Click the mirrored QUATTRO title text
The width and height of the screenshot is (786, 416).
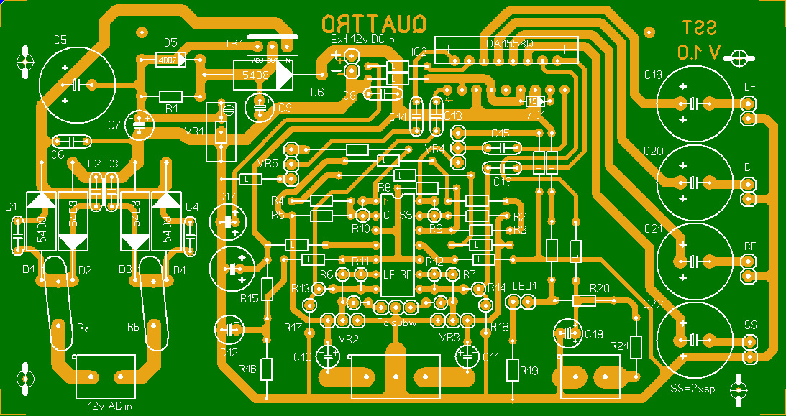(x=374, y=24)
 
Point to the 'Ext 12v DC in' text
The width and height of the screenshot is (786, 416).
(x=362, y=40)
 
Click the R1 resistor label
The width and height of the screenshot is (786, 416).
(x=171, y=108)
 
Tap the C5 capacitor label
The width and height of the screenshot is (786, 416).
(x=60, y=40)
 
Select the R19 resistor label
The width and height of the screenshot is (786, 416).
(x=529, y=371)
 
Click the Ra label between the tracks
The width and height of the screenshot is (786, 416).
(x=83, y=328)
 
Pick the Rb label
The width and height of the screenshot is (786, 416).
(x=134, y=328)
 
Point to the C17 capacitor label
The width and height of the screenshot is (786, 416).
(x=227, y=197)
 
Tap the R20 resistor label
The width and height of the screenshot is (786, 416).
(x=599, y=287)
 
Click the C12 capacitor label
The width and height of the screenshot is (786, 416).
(x=229, y=352)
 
